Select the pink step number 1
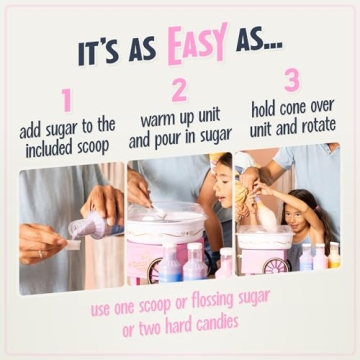point(67,100)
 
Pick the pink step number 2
point(179,90)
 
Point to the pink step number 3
point(291,80)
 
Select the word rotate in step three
point(313,126)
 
